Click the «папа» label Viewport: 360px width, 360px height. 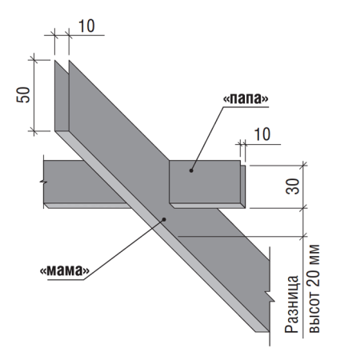246,98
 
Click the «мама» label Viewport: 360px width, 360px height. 65,270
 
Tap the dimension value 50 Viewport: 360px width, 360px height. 23,94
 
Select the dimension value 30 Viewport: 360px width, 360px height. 293,186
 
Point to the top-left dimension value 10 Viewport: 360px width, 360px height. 86,26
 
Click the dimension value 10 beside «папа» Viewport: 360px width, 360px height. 262,134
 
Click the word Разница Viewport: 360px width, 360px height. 291,304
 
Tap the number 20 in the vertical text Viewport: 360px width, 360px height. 314,278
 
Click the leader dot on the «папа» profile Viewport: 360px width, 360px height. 191,170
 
